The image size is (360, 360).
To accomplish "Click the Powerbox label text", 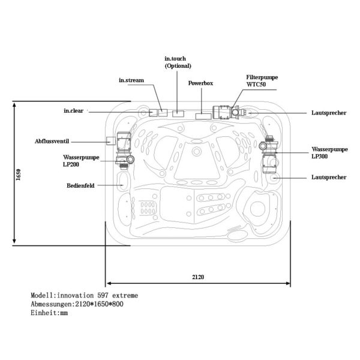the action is [x=200, y=83].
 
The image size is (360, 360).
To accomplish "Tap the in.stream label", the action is [x=131, y=80].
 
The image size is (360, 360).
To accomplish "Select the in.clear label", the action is [x=73, y=110].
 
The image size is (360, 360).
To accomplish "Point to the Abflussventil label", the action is [x=52, y=141].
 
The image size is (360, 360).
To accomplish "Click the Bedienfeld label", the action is [x=80, y=185].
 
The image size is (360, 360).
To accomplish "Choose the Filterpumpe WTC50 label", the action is [x=262, y=80].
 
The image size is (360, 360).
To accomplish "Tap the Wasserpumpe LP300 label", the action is [x=329, y=152].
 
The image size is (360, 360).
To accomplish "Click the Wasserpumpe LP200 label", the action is [x=81, y=161].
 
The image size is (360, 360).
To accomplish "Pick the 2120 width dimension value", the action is [x=198, y=277].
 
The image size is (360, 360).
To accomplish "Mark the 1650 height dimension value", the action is [x=19, y=175].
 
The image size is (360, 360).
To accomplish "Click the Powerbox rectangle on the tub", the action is [x=203, y=116].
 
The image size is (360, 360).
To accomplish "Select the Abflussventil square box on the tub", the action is [x=111, y=141].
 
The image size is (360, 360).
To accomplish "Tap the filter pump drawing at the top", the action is [x=229, y=112].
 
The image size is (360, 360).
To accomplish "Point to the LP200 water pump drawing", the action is [x=125, y=151].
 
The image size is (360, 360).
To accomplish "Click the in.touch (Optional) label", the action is [x=178, y=62].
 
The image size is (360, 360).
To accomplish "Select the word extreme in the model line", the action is [x=125, y=295].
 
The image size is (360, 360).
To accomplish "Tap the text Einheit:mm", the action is [x=49, y=313].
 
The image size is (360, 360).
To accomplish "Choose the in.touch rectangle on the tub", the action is [x=178, y=113].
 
